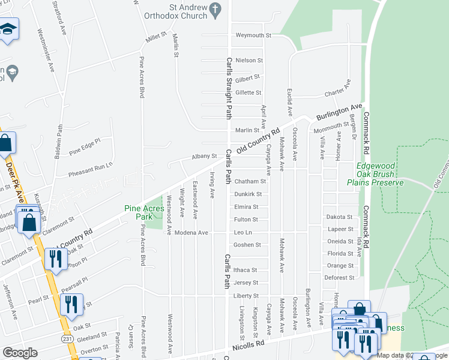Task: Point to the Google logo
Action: coord(20,352)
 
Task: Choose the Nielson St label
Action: coord(249,61)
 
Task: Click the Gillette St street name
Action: coord(249,92)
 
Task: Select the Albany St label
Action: coord(204,156)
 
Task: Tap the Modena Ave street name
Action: coord(190,232)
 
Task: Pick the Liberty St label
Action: coord(246,296)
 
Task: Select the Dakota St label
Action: coord(340,217)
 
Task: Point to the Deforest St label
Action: coord(340,278)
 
